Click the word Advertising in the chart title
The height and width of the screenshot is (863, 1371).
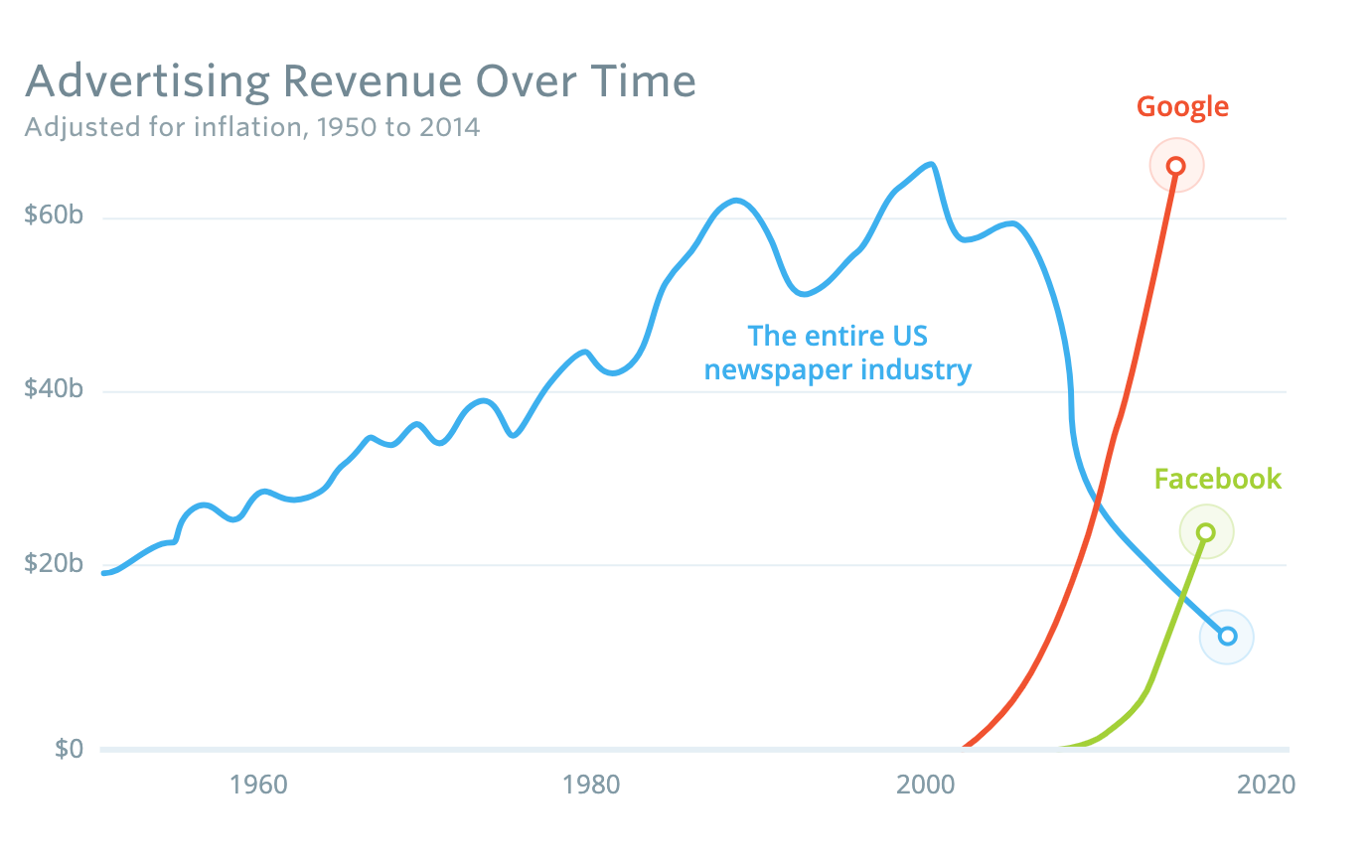(147, 82)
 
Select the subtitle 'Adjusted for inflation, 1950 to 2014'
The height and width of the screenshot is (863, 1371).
(252, 128)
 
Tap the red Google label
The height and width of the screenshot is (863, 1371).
(1182, 107)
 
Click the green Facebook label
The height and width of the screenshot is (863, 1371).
(1217, 480)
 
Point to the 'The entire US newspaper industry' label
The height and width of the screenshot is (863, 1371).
(838, 354)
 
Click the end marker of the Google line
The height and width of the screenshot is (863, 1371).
(1176, 166)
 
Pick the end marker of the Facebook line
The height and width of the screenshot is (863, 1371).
(1206, 532)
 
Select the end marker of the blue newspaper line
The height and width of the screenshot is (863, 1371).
(1227, 637)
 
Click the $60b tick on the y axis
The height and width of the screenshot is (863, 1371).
(54, 216)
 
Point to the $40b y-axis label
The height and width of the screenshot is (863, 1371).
(54, 389)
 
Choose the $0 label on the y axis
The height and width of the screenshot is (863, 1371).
(69, 749)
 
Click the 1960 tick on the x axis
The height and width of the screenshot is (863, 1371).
(258, 786)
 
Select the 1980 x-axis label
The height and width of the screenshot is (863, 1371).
(591, 786)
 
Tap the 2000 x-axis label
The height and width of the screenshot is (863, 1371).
(925, 786)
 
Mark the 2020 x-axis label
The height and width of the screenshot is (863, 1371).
(1266, 786)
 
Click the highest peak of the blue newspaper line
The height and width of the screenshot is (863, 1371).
(931, 165)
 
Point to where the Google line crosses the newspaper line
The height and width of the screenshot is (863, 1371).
(1097, 504)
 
